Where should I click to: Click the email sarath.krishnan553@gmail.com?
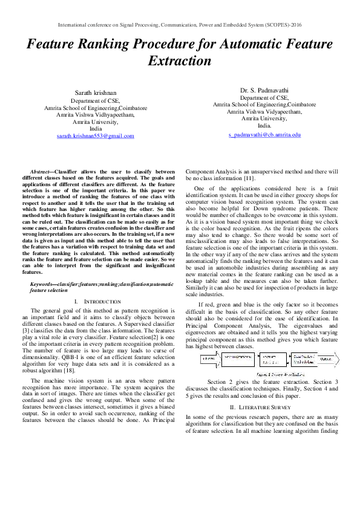[x=96, y=137]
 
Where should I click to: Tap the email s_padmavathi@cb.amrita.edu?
[x=264, y=134]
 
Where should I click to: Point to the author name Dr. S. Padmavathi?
[x=264, y=89]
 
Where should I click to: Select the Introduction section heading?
[x=95, y=301]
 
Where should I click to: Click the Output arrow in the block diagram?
[x=326, y=358]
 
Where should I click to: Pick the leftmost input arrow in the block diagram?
[x=209, y=358]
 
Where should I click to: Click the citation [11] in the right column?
[x=248, y=178]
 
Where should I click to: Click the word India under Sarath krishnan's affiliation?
[x=96, y=129]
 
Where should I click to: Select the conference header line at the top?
[x=180, y=25]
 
